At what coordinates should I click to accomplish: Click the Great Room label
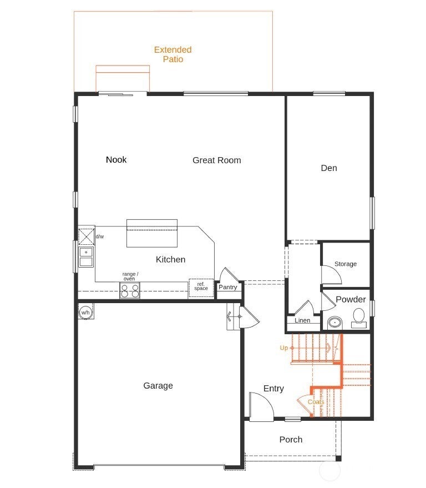[x=217, y=160]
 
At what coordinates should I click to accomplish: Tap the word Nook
[x=116, y=160]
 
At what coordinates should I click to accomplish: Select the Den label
[x=329, y=168]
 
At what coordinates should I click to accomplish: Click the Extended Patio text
[x=173, y=54]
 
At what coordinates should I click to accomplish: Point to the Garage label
[x=158, y=386]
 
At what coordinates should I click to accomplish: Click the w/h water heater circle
[x=85, y=312]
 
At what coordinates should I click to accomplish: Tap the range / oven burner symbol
[x=130, y=290]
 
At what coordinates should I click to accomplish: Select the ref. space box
[x=201, y=288]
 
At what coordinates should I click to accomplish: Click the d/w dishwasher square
[x=86, y=237]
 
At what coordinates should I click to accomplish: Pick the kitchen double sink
[x=86, y=257]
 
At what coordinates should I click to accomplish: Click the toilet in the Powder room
[x=359, y=318]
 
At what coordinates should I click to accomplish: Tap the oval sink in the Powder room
[x=335, y=323]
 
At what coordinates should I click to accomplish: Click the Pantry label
[x=227, y=287]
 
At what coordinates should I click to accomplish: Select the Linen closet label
[x=302, y=320]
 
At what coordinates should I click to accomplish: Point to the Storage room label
[x=346, y=264]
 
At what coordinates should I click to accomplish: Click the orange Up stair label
[x=284, y=348]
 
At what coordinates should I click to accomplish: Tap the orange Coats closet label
[x=316, y=402]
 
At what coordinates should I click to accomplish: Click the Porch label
[x=291, y=440]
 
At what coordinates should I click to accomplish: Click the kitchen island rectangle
[x=152, y=233]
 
